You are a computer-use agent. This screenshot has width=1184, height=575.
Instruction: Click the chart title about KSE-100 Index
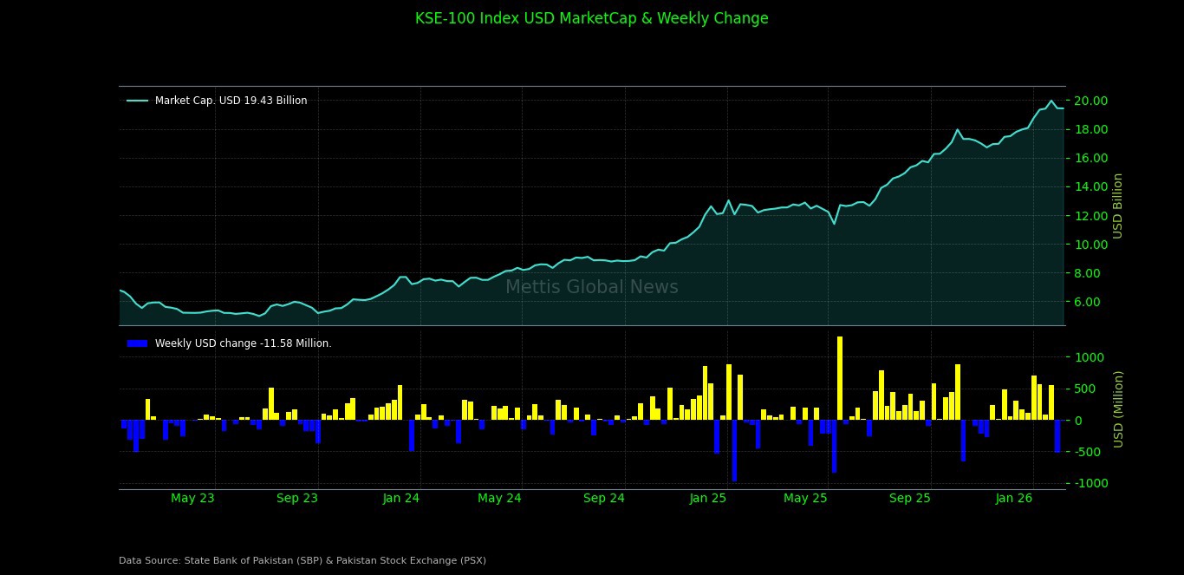tap(591, 18)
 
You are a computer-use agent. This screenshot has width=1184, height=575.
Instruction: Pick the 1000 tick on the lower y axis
tap(1090, 357)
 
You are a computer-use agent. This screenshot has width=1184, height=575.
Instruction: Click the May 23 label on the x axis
tap(192, 498)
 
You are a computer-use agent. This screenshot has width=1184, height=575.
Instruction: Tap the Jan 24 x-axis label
tap(401, 498)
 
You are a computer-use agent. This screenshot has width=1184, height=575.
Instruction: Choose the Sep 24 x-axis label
tap(604, 498)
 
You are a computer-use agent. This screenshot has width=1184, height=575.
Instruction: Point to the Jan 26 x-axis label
tap(1014, 498)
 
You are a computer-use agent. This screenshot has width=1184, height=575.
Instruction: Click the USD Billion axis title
tap(1118, 206)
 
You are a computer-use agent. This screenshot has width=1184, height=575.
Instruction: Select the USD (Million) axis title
tap(1118, 408)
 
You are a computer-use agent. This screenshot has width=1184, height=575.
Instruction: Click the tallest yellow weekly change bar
tap(839, 378)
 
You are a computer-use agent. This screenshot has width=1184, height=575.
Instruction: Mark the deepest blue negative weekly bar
tap(734, 450)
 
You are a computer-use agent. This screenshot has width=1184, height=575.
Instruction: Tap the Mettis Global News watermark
tap(591, 287)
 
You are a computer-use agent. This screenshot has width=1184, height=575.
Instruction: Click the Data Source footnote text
tap(303, 560)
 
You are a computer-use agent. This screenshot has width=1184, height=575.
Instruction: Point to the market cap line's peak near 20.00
tap(1051, 101)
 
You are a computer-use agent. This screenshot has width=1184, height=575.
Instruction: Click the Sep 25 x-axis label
tap(909, 498)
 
